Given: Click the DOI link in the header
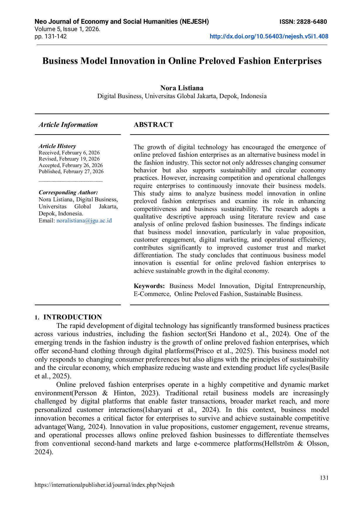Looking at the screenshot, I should coord(269,37).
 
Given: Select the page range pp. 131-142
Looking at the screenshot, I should coord(51,37).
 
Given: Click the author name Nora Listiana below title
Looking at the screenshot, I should coord(182,88).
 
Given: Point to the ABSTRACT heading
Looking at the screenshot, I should coord(153,125).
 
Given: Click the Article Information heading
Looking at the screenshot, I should coord(68,125).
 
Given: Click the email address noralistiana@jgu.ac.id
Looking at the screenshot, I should coord(84,221).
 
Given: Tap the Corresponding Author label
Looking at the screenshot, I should coord(68,193).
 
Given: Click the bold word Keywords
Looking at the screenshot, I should coord(149,286).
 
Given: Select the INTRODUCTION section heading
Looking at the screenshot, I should coord(72,317).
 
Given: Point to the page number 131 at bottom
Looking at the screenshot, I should coord(324,478).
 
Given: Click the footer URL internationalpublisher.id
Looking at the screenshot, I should coord(104,485).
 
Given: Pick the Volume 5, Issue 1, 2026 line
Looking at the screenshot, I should coord(67,29).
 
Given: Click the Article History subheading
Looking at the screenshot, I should coord(57,146).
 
